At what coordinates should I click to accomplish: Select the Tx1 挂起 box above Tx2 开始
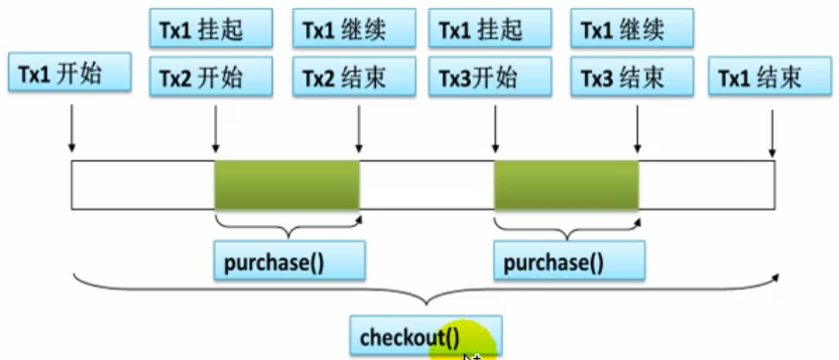click(211, 28)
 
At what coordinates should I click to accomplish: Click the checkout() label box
click(424, 335)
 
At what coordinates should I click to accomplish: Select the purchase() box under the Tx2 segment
click(288, 262)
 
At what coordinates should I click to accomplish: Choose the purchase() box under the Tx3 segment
click(568, 262)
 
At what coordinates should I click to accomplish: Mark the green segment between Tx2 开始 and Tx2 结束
click(287, 183)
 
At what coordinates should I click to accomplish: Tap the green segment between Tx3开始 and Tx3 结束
click(566, 183)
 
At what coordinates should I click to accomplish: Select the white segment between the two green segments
click(426, 183)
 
